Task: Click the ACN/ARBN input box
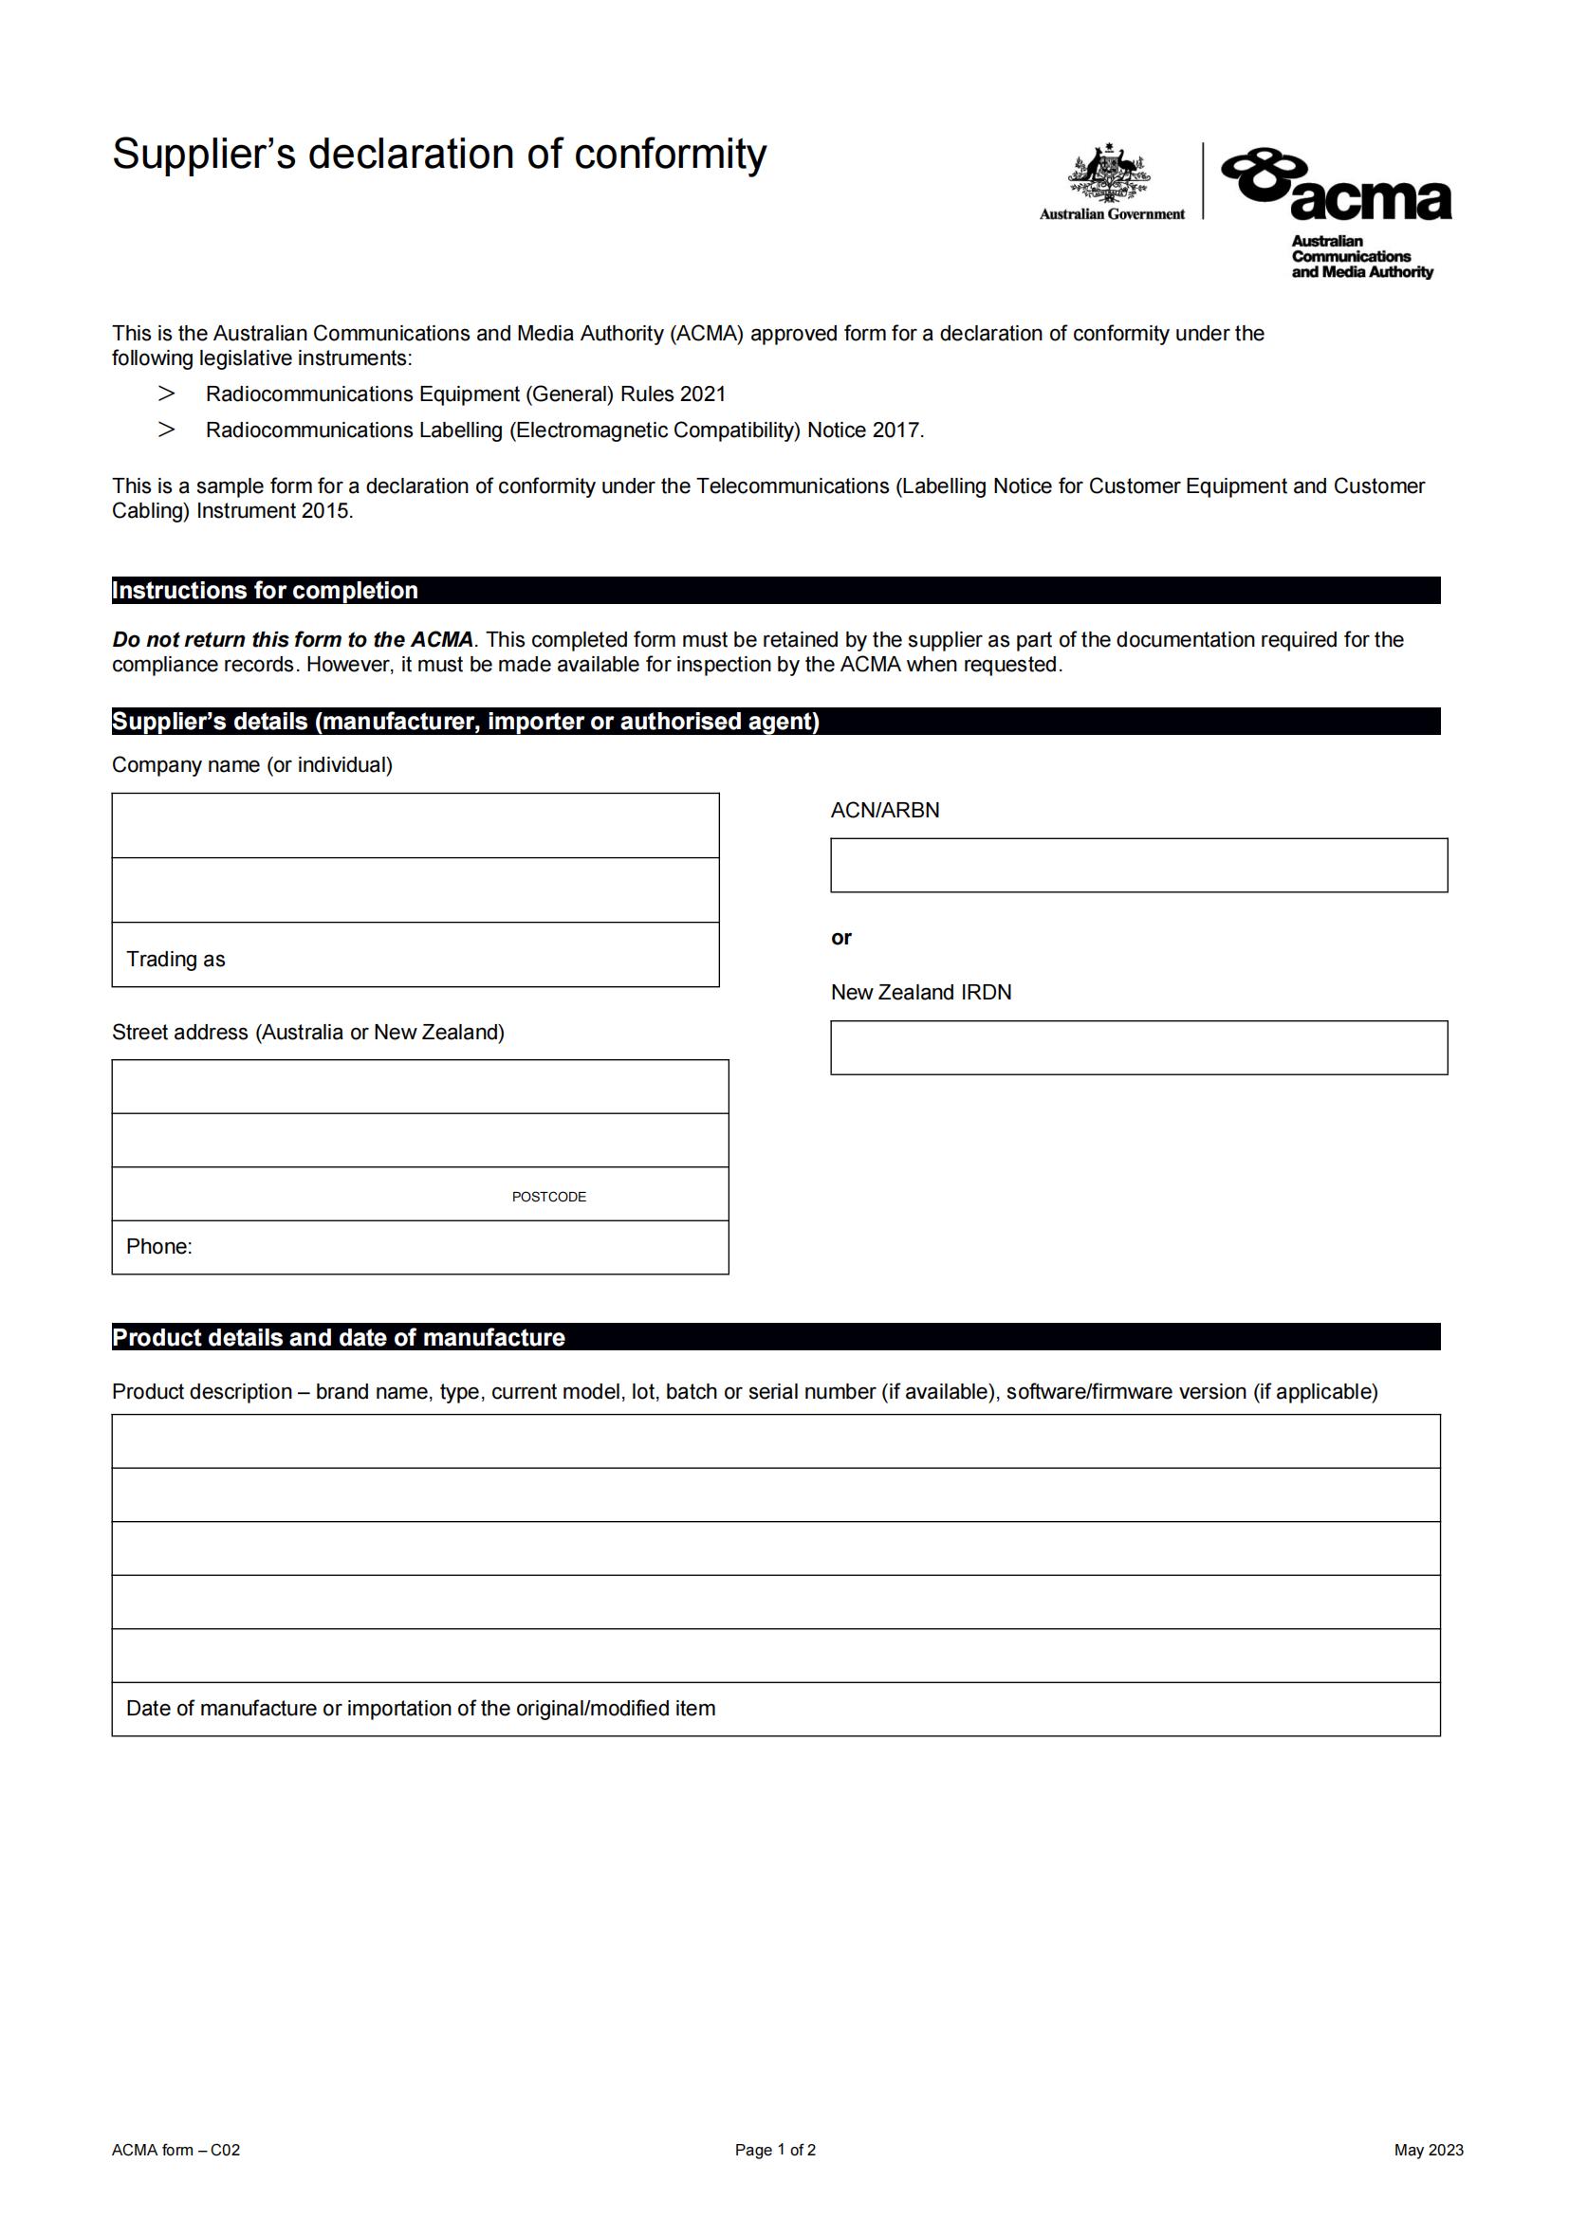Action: coord(1138,865)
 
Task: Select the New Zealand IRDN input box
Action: coord(1138,1047)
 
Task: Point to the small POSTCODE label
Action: coord(548,1197)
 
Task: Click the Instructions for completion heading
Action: coord(266,590)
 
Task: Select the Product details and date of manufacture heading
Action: coord(338,1337)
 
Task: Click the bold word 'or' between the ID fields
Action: coord(841,937)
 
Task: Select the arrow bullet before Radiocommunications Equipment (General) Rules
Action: coord(166,394)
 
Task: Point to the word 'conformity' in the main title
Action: coord(670,155)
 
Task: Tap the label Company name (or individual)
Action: coord(252,765)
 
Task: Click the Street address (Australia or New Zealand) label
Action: coord(308,1032)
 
